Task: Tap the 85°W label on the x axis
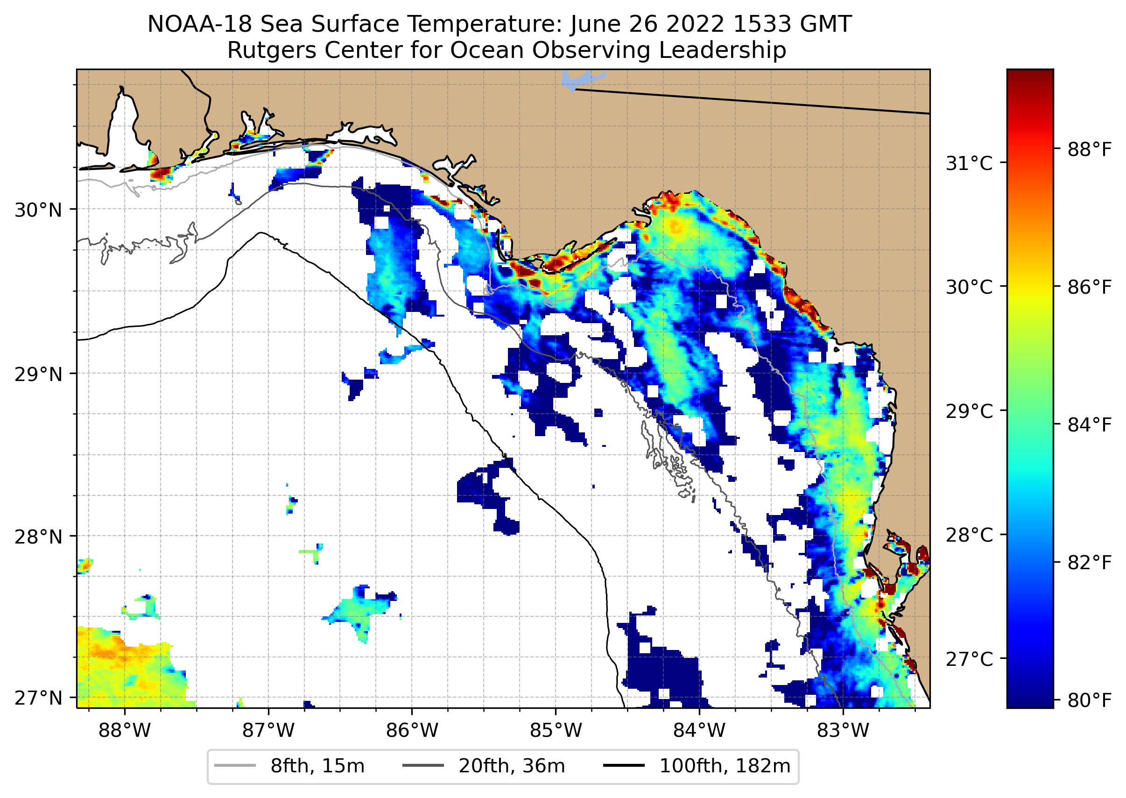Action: coord(556,730)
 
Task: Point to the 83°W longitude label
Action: coord(843,730)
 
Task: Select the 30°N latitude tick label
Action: coord(38,210)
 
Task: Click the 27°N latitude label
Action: coord(38,698)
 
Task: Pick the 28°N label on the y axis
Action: coord(38,537)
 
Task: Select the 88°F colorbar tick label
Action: coord(1089,149)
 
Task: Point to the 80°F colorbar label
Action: coord(1089,700)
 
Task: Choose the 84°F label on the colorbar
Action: coord(1089,424)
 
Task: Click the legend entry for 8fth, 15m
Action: coord(317,766)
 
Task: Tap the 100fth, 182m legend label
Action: coord(725,766)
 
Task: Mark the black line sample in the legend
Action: coord(624,766)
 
